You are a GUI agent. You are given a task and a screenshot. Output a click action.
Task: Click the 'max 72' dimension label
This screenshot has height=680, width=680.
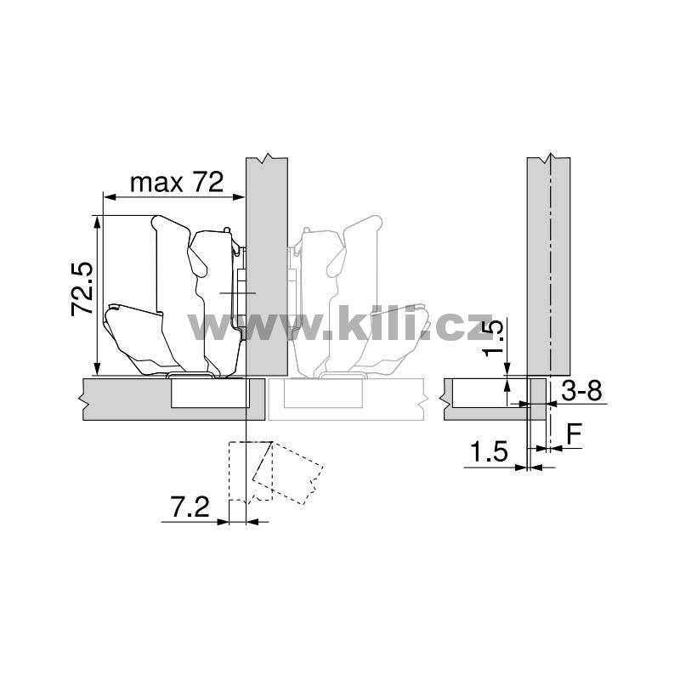(x=177, y=182)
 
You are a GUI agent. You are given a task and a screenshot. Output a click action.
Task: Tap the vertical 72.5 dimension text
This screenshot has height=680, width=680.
(x=82, y=289)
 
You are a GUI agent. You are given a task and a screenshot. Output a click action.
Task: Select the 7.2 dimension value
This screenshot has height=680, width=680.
(x=190, y=507)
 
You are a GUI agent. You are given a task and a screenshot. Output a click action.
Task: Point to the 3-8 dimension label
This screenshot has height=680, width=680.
(x=581, y=391)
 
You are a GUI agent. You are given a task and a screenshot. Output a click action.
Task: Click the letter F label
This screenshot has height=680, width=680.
(x=575, y=434)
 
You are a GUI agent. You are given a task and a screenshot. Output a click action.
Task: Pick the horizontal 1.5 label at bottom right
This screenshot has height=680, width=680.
(x=489, y=452)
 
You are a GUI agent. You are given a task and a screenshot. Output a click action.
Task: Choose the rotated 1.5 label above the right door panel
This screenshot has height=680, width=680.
(x=494, y=337)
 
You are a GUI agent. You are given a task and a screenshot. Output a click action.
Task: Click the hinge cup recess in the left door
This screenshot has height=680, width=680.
(x=210, y=393)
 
